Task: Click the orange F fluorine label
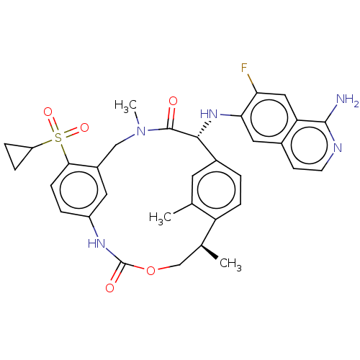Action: (245, 68)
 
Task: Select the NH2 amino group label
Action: (347, 101)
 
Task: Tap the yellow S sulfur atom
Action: (58, 137)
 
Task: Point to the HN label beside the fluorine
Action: (209, 114)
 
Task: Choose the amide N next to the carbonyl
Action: (141, 131)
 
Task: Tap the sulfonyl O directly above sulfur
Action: (48, 112)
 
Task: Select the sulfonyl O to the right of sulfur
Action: (84, 128)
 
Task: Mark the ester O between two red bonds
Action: (150, 271)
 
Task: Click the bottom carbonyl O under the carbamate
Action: (109, 288)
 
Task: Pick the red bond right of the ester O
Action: (163, 268)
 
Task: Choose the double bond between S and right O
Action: (72, 132)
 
